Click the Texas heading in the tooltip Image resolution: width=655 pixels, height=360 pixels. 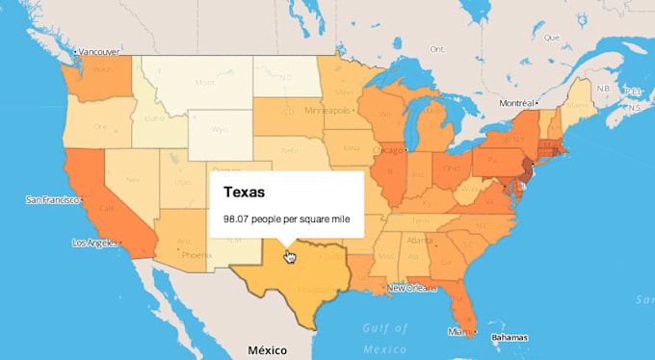point(245,193)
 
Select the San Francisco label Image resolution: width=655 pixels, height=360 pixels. point(54,200)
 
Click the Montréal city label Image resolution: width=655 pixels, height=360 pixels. point(521,102)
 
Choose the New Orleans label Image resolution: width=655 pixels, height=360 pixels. point(412,288)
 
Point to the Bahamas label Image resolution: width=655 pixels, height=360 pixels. point(511,338)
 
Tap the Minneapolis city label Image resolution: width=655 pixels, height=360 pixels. point(327,111)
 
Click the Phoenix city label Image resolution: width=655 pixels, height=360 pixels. point(196,255)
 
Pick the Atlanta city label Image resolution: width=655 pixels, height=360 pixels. point(419,240)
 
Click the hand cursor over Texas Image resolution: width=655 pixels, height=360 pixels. point(289,256)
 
